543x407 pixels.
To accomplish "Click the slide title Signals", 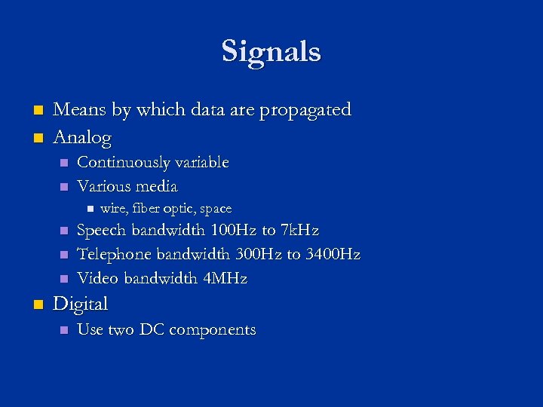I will pyautogui.click(x=271, y=52).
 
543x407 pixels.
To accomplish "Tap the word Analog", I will pyautogui.click(x=82, y=138).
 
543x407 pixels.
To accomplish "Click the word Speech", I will pyautogui.click(x=103, y=230).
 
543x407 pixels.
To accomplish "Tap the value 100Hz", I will pyautogui.click(x=234, y=230).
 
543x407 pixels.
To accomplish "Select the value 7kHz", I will pyautogui.click(x=299, y=230).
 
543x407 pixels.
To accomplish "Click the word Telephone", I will pyautogui.click(x=115, y=254).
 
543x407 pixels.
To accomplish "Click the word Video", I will pyautogui.click(x=98, y=278).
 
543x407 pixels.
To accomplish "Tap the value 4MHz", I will pyautogui.click(x=225, y=278).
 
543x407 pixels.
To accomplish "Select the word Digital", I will pyautogui.click(x=81, y=304).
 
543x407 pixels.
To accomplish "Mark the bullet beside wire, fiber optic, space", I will pyautogui.click(x=88, y=209).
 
